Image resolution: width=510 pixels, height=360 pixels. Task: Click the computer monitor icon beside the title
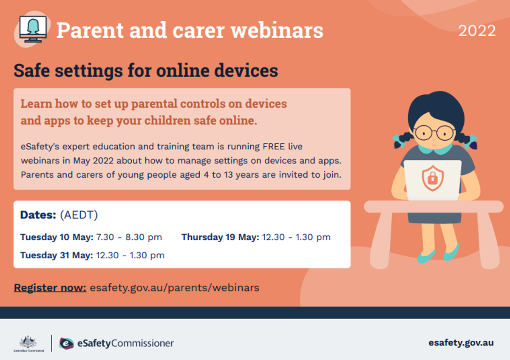click(33, 29)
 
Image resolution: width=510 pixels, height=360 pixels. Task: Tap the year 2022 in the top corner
click(477, 31)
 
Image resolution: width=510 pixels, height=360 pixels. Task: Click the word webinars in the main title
click(277, 30)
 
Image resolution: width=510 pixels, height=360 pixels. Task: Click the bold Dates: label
click(38, 215)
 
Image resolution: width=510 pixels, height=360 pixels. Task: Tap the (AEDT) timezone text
click(79, 215)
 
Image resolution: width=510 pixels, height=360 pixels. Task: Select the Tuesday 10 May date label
click(57, 237)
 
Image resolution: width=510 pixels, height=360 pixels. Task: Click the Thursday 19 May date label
click(220, 237)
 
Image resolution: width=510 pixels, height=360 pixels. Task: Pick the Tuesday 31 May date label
click(57, 255)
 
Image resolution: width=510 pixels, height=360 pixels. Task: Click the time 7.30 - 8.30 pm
click(129, 237)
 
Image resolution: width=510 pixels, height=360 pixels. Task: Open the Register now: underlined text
click(50, 288)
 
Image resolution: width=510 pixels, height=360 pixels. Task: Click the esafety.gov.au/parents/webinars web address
click(174, 288)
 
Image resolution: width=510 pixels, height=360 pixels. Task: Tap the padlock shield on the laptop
click(433, 178)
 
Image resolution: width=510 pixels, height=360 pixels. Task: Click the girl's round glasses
click(434, 133)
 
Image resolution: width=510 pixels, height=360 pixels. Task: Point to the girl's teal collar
click(435, 149)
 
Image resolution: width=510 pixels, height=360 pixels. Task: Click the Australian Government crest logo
click(28, 343)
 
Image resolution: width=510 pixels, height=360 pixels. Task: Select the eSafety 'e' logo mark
click(66, 343)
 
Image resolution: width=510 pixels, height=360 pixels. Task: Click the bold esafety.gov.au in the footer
click(461, 343)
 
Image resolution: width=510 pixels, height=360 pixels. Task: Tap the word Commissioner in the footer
click(142, 343)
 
